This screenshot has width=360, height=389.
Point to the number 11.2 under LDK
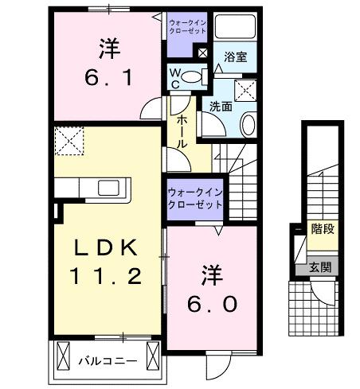pos(105,276)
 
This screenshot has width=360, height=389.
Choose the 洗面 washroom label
pos(221,106)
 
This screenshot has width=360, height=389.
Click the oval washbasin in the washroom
pos(246,124)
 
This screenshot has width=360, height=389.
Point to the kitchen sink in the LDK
pos(109,188)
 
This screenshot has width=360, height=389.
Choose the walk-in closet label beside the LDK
pos(194,197)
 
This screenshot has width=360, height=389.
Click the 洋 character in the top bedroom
pos(108,49)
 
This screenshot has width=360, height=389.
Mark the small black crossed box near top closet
pos(203,53)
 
